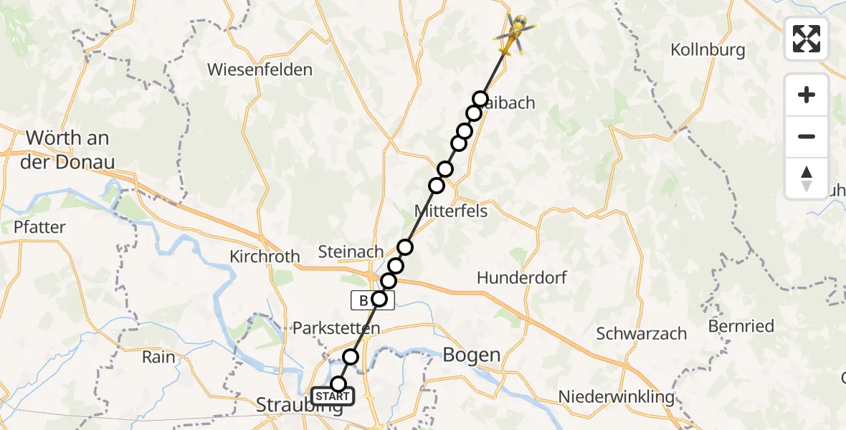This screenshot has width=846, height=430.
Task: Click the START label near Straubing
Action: tap(333, 396)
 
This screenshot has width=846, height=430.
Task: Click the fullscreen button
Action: tap(807, 39)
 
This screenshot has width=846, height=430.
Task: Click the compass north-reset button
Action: tap(807, 178)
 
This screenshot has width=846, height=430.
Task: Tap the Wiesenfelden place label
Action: tap(260, 70)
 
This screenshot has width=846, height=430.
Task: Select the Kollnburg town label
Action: tap(708, 50)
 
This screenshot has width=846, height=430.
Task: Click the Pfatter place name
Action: tap(39, 227)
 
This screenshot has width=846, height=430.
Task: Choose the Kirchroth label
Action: tap(265, 257)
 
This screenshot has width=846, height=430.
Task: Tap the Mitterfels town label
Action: tap(451, 211)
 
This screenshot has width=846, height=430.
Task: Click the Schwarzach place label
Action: tap(642, 333)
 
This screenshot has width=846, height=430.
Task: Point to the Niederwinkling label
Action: tap(617, 396)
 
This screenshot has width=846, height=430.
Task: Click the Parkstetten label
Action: tap(336, 328)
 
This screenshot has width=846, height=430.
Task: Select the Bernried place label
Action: tap(741, 326)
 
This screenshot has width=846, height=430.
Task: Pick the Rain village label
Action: tap(158, 356)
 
